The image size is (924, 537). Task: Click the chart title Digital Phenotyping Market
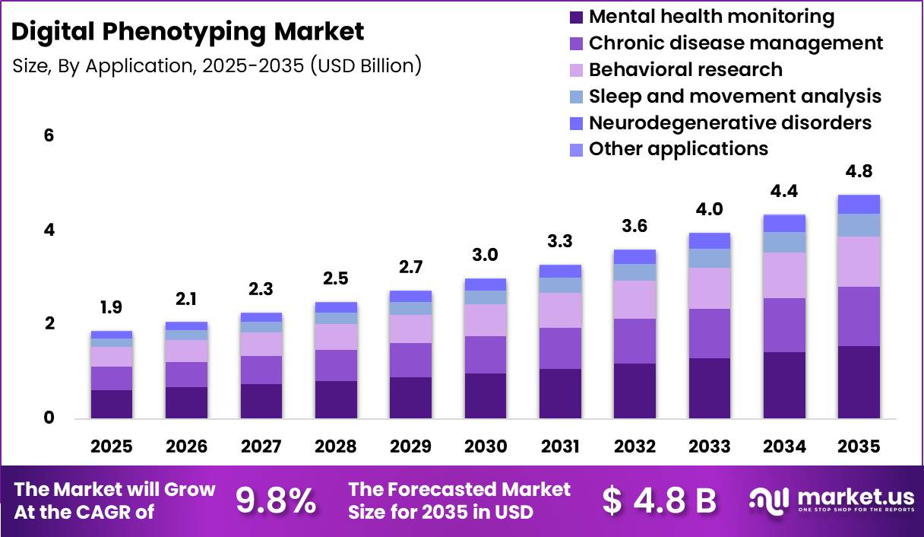pos(188,32)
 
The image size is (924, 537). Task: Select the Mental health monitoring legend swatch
pos(576,17)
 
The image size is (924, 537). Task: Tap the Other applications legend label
pos(678,148)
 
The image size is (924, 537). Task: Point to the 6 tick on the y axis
pos(49,136)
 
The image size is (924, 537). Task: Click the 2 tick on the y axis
pos(49,324)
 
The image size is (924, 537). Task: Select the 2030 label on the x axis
pos(486,446)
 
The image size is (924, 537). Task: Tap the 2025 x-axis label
pos(111,446)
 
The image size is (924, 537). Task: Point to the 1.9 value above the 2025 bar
pos(111,307)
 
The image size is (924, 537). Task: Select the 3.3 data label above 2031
pos(560,241)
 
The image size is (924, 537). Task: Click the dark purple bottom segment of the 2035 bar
pos(859,382)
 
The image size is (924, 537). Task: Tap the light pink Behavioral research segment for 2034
pos(784,275)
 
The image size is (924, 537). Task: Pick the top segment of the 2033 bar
pos(710,240)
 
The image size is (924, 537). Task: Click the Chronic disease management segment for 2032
pos(634,341)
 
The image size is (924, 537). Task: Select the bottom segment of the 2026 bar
pos(186,402)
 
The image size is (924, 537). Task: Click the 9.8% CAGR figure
pos(275,500)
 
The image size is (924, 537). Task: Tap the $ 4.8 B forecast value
pos(659,500)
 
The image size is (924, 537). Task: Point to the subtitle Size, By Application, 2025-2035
pos(217,65)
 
